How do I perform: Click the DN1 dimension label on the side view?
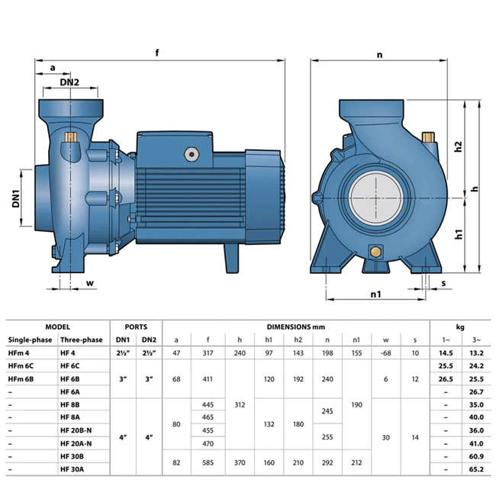click(x=16, y=198)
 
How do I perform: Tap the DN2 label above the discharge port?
click(x=69, y=82)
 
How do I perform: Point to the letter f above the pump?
click(x=157, y=52)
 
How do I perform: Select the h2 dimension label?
click(x=459, y=147)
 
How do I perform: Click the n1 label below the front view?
click(x=375, y=295)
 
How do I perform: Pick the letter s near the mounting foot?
click(x=443, y=283)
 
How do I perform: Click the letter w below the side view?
click(x=90, y=283)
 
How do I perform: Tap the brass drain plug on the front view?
click(x=375, y=252)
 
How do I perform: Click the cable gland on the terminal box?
click(x=192, y=154)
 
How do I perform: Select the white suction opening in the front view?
click(x=376, y=198)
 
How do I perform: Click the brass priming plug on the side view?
click(x=71, y=137)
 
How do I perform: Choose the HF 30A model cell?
click(x=72, y=469)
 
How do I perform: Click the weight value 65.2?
click(x=476, y=469)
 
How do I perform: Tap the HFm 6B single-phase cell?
click(x=21, y=379)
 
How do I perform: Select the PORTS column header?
click(x=136, y=327)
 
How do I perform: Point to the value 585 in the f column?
click(x=208, y=462)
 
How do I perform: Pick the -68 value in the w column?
click(x=385, y=353)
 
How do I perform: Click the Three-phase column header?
click(x=82, y=340)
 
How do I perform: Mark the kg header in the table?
click(x=460, y=327)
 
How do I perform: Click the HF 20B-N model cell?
click(x=76, y=430)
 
